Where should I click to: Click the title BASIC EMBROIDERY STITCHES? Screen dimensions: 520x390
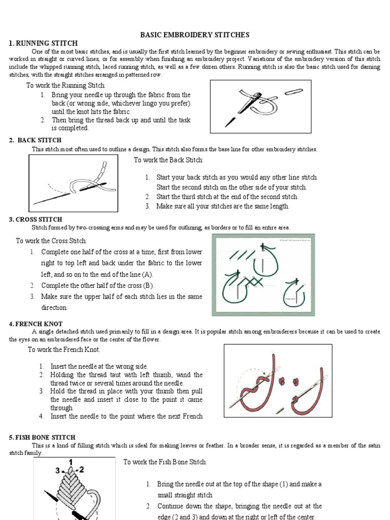194,35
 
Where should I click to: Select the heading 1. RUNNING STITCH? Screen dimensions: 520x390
43,43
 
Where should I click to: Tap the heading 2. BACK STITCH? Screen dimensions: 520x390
36,140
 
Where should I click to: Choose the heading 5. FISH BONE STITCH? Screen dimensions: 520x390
42,437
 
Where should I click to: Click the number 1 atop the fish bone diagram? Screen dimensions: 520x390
71,461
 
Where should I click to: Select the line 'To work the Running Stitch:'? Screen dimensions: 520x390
66,85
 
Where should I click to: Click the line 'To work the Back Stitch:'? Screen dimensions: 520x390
169,160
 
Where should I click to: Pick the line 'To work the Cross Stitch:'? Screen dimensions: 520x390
51,241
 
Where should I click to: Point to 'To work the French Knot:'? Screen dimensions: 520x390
64,349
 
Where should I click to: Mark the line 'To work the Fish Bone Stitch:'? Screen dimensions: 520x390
165,462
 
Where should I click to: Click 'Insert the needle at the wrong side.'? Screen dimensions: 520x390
99,366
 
